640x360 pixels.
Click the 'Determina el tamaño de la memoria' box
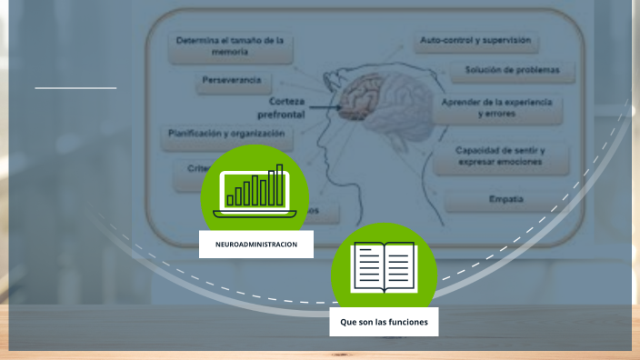pyautogui.click(x=230, y=46)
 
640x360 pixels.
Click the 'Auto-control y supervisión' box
pyautogui.click(x=475, y=41)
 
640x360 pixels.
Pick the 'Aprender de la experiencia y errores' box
pyautogui.click(x=496, y=108)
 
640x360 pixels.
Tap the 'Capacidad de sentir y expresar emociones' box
pyautogui.click(x=500, y=155)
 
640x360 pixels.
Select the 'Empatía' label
pyautogui.click(x=505, y=199)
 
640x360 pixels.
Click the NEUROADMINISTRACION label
pyautogui.click(x=256, y=245)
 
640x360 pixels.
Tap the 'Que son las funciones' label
pyautogui.click(x=384, y=322)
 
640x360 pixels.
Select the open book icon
pyautogui.click(x=384, y=266)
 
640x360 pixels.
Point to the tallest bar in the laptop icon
pyautogui.click(x=280, y=185)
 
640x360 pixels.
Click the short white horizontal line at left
pyautogui.click(x=76, y=88)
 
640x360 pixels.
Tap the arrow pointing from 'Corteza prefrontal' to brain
pyautogui.click(x=325, y=113)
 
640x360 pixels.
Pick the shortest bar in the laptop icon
pyautogui.click(x=231, y=199)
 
